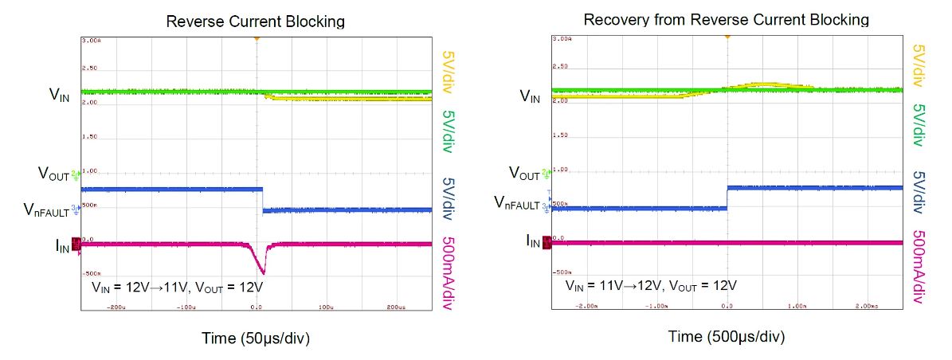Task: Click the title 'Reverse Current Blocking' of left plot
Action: point(255,22)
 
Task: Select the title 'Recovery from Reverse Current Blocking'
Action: point(726,19)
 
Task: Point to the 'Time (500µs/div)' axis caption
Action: point(726,337)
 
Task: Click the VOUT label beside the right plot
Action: point(527,172)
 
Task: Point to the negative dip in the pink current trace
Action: point(261,269)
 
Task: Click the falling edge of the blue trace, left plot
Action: point(263,199)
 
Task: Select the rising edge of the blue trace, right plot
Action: point(727,198)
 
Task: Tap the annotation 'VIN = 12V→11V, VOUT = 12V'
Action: point(186,286)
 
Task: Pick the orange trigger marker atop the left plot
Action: point(257,37)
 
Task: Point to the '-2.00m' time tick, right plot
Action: point(587,306)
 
